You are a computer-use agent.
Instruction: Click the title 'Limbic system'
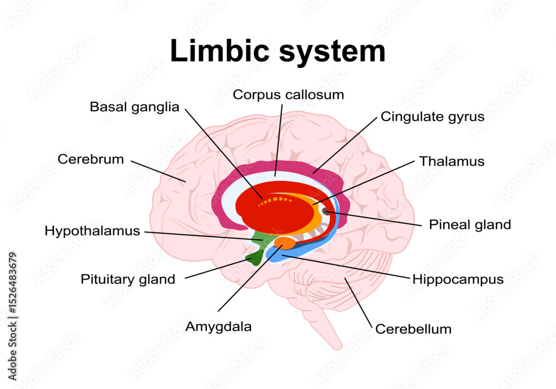point(277,51)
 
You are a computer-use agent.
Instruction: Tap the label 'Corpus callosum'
point(288,94)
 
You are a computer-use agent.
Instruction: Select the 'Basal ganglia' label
point(135,107)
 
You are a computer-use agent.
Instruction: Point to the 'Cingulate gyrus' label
point(433,117)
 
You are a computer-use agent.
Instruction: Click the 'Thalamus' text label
point(451,161)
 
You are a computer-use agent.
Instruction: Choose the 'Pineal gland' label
point(469,225)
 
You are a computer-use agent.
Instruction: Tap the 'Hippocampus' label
point(458,279)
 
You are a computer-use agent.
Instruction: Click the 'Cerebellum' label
point(413,329)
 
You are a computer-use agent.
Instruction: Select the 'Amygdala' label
point(218,327)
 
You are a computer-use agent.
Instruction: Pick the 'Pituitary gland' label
point(128,279)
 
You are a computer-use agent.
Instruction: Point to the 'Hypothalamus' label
point(92,231)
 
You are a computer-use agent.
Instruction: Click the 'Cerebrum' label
point(91,159)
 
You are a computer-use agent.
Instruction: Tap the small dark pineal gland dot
point(326,211)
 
